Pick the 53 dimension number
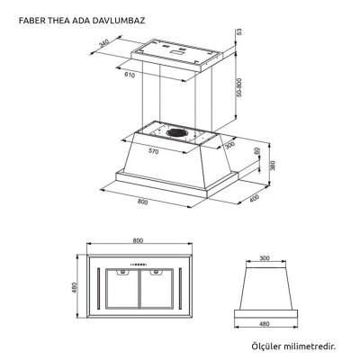pyautogui.click(x=239, y=32)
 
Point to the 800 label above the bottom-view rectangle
pyautogui.click(x=138, y=241)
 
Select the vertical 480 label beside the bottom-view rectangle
pyautogui.click(x=75, y=289)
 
